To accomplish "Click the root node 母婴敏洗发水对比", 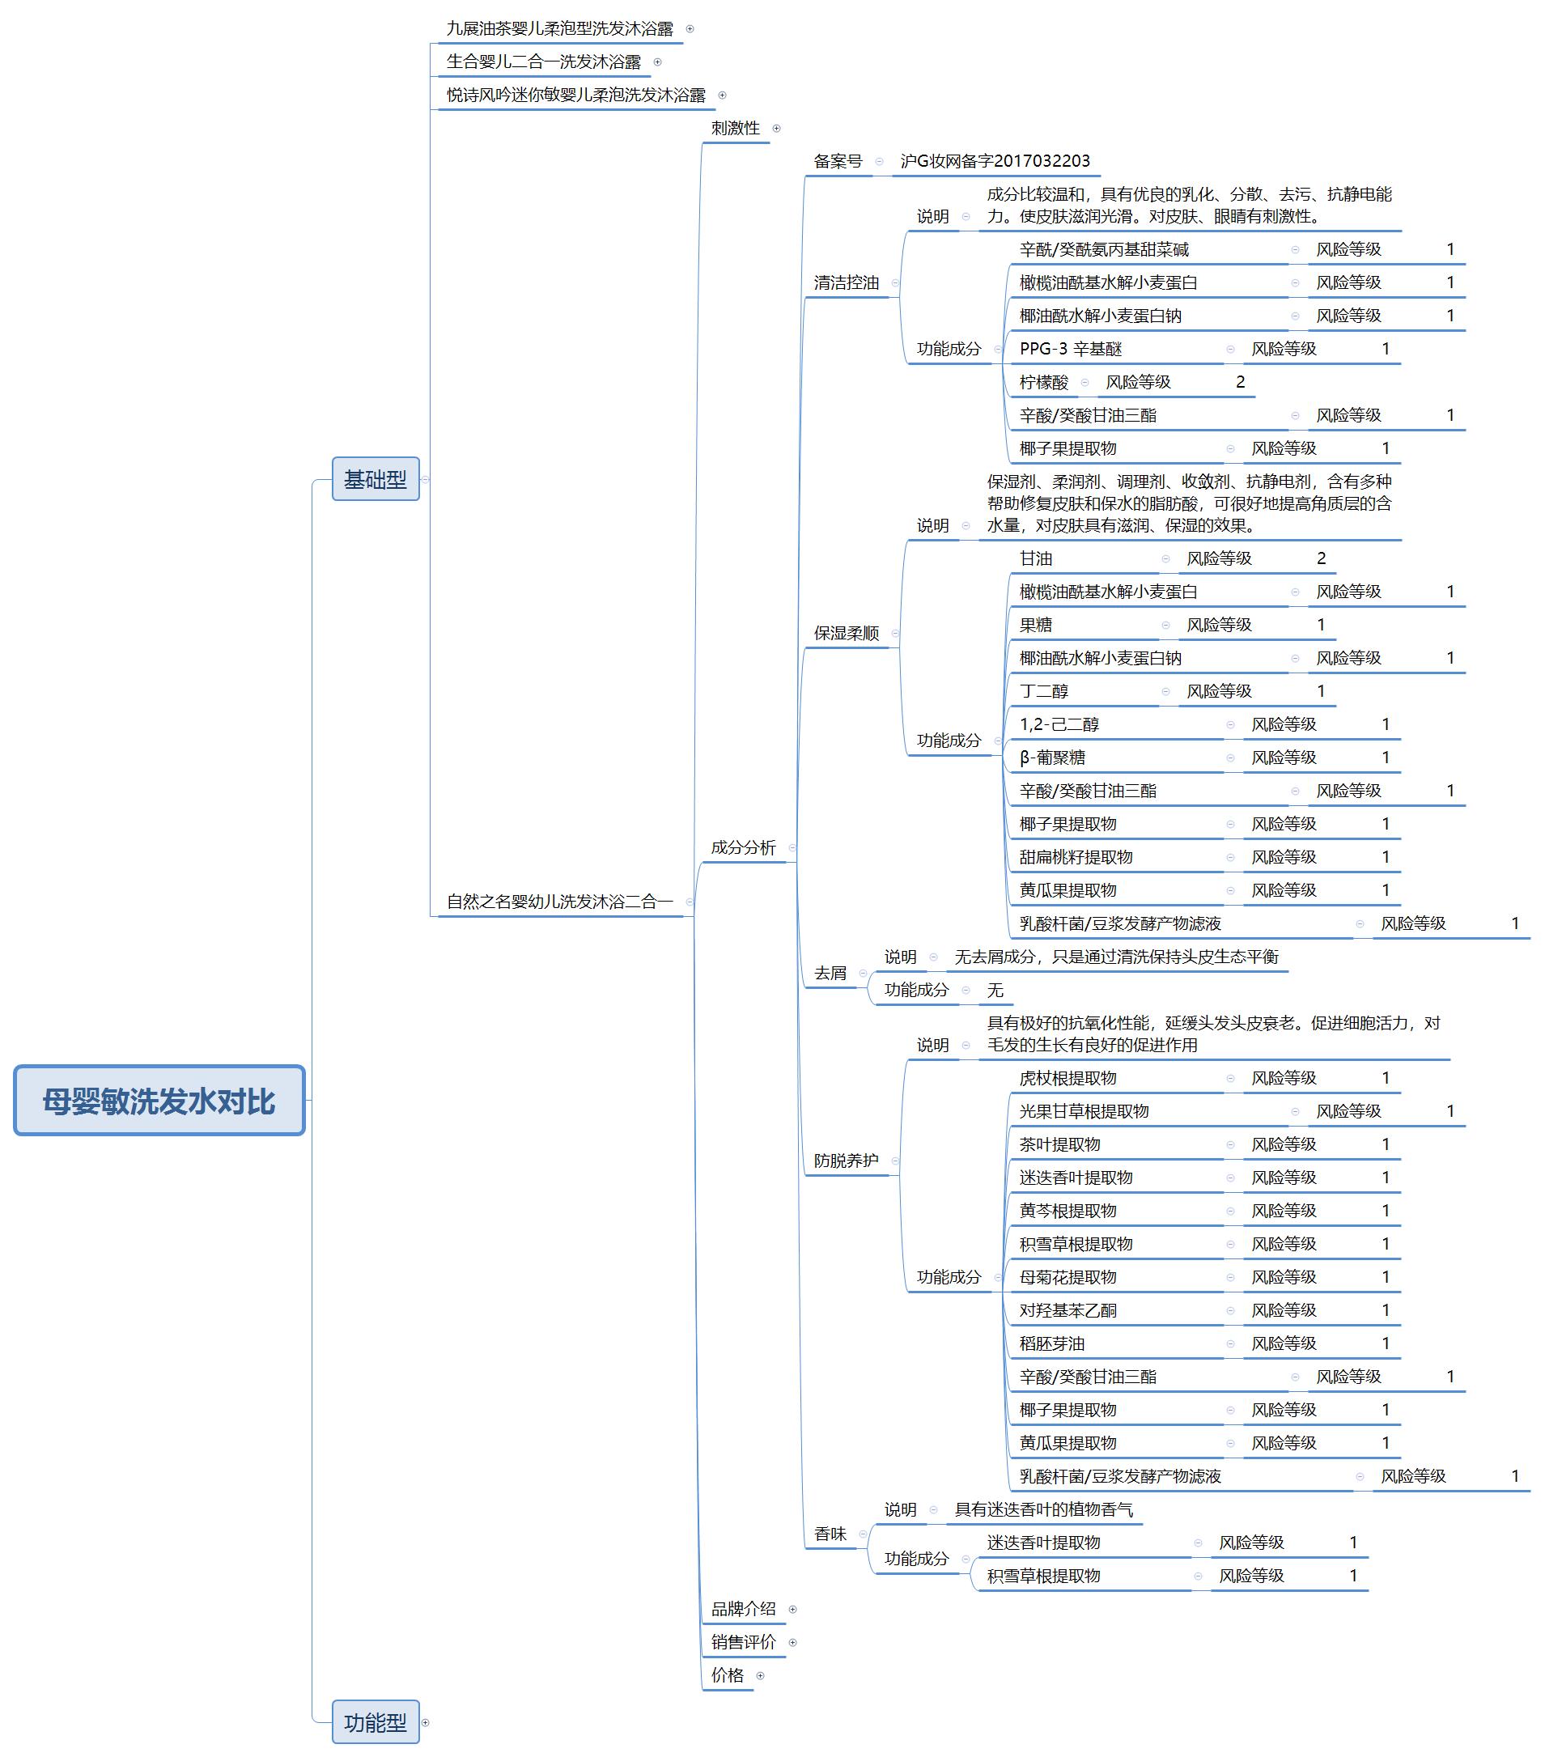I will (x=159, y=1101).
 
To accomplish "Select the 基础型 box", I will (x=376, y=479).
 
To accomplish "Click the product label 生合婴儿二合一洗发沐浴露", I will (x=543, y=62).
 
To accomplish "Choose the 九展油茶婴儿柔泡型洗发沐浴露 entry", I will (x=560, y=28).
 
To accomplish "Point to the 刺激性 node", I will (x=735, y=128).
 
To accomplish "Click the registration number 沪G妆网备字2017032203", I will (x=995, y=161).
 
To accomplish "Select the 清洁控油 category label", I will (x=846, y=282).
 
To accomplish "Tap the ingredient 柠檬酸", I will (x=1044, y=383).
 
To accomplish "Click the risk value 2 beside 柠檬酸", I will (x=1240, y=383).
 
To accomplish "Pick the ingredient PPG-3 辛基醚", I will (x=1071, y=349).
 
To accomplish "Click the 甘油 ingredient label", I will (x=1036, y=558).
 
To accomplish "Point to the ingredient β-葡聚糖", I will (x=1052, y=758).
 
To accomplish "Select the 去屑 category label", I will (x=830, y=973).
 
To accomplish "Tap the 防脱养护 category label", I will (x=846, y=1161).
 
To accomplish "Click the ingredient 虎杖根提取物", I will (x=1067, y=1078).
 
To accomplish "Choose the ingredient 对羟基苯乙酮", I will (x=1067, y=1310).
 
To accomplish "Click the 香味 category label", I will (x=830, y=1534).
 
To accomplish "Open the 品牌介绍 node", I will (x=744, y=1609).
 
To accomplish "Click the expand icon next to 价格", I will (x=760, y=1675).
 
